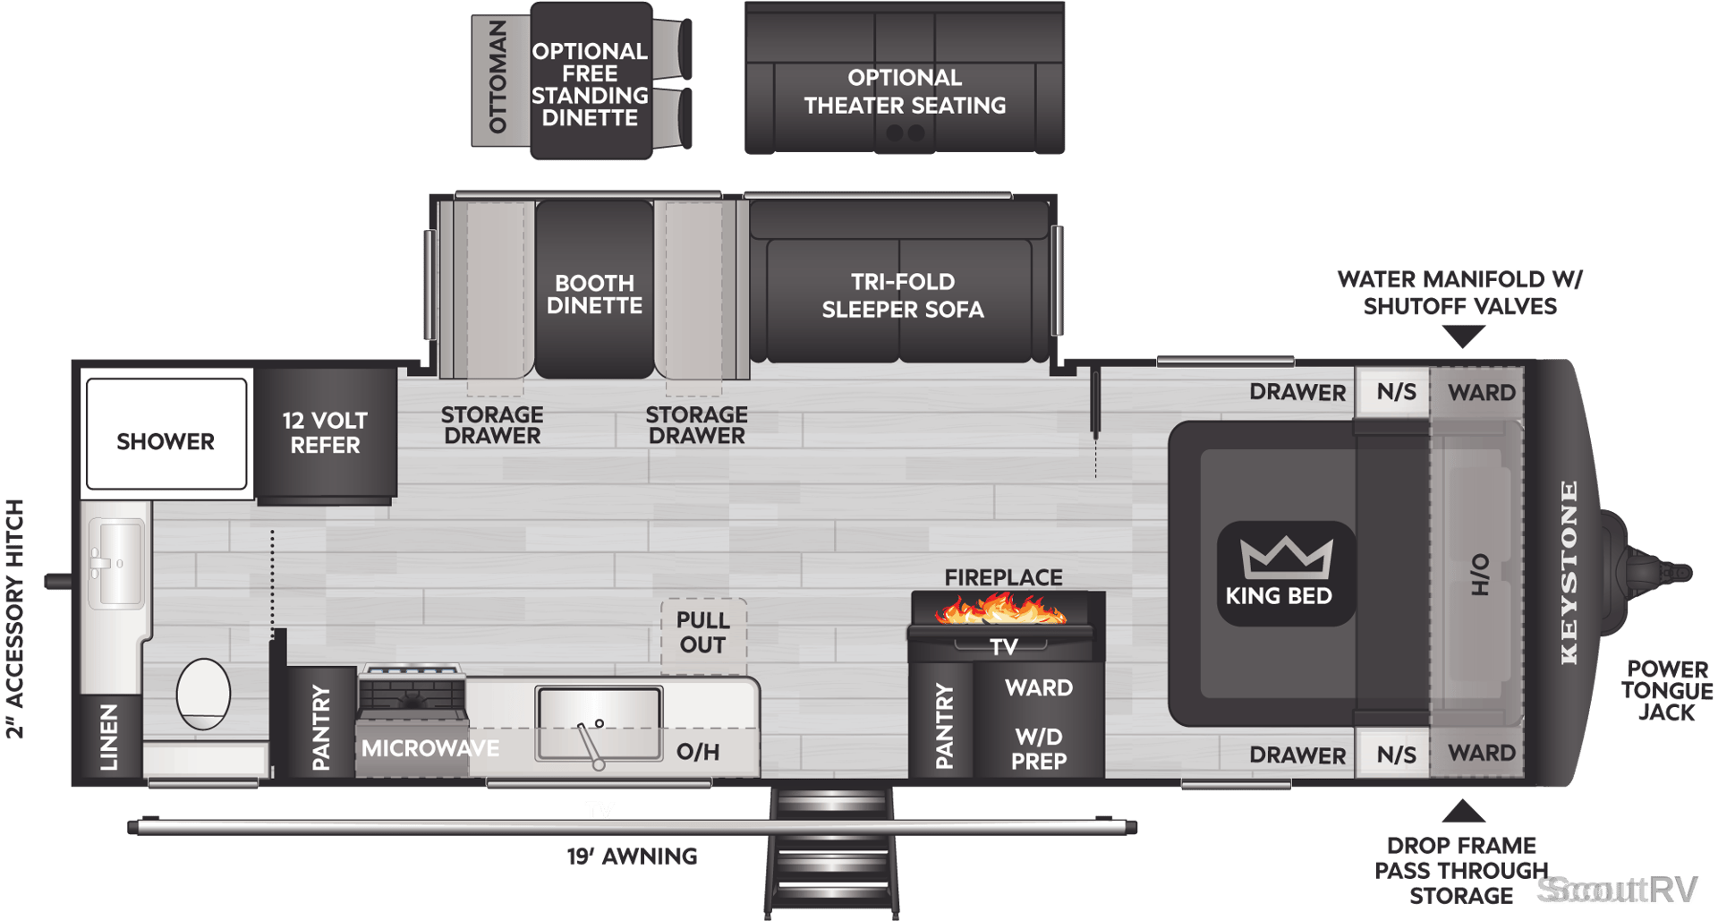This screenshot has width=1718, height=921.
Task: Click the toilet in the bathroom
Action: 204,694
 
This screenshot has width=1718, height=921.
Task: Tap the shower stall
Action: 166,433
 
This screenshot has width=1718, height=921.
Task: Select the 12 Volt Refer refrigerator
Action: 326,434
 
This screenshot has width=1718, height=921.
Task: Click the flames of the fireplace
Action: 1000,611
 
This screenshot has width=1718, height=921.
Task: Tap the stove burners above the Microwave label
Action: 412,688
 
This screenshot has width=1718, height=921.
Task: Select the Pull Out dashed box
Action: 703,635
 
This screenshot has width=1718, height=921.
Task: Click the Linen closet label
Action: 108,737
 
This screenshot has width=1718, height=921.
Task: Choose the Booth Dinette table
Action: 594,289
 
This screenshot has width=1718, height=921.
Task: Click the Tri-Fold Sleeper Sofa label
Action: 903,295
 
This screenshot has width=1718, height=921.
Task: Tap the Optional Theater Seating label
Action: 905,91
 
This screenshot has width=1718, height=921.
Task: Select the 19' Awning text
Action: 632,857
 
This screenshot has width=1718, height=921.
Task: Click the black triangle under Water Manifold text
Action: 1464,337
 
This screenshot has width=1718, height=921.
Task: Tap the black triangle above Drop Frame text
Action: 1464,811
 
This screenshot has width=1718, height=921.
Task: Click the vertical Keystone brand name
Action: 1569,573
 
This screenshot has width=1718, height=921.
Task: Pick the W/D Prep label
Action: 1039,749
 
